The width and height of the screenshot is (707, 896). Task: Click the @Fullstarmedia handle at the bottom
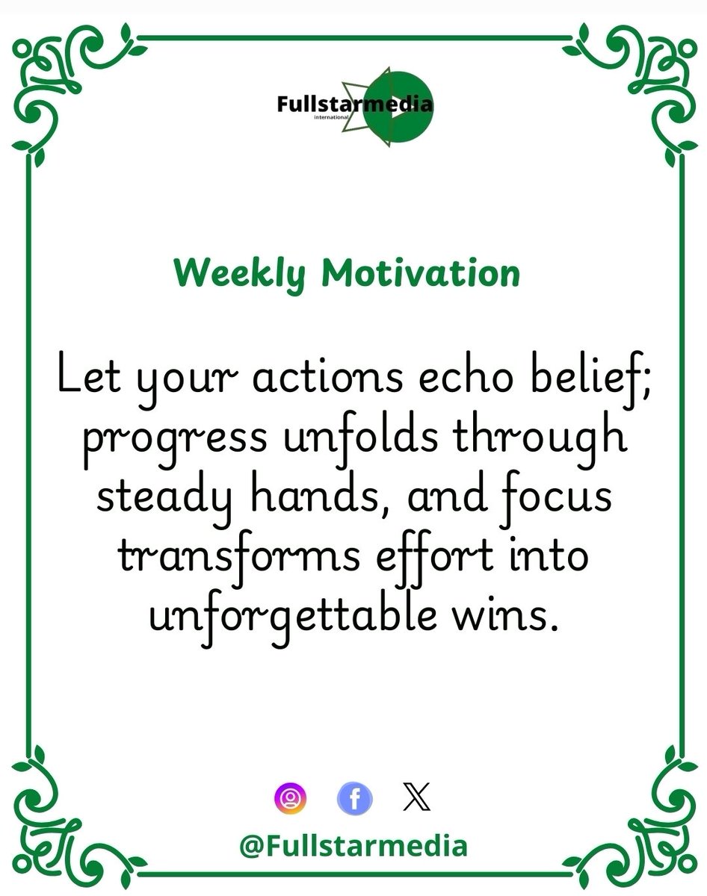[x=353, y=846]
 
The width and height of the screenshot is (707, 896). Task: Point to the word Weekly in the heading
[x=239, y=275]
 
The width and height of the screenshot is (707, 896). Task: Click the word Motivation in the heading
[x=420, y=273]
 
